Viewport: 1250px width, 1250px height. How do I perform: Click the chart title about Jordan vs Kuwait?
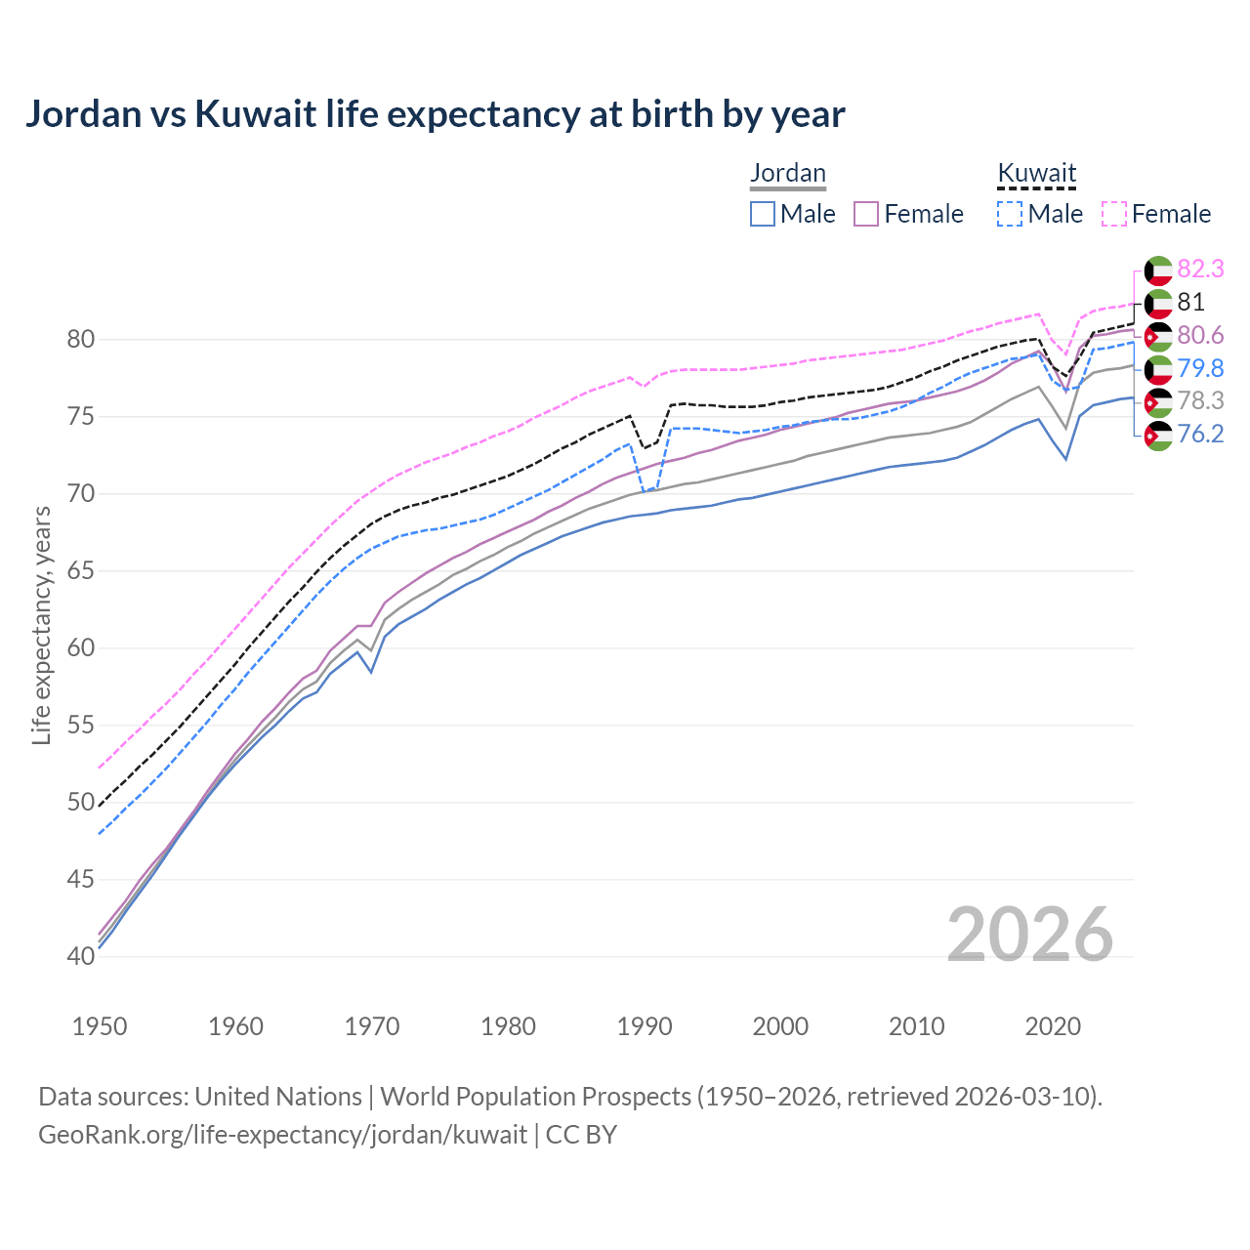click(x=435, y=114)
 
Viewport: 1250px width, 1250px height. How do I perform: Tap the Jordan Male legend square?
click(x=763, y=214)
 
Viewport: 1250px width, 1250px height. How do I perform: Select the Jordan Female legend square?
click(x=867, y=214)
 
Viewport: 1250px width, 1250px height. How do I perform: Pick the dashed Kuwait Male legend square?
click(x=1010, y=214)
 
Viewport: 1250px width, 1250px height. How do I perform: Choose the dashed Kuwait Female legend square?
click(x=1114, y=214)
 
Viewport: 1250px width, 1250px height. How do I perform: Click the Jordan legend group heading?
click(x=788, y=173)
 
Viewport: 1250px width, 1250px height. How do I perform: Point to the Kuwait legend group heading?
click(x=1036, y=173)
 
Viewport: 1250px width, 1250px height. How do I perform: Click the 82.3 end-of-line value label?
click(x=1200, y=270)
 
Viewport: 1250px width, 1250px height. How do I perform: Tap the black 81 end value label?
click(x=1190, y=303)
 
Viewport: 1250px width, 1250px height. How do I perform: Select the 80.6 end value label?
click(x=1200, y=336)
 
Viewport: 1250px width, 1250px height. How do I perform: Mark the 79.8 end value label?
click(x=1200, y=368)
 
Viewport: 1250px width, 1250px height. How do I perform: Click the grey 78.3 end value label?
click(x=1200, y=400)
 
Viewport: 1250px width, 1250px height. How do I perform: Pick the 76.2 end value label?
click(x=1200, y=434)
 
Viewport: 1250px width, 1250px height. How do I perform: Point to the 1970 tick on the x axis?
click(x=372, y=1026)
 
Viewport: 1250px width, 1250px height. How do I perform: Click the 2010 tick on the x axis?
click(x=916, y=1026)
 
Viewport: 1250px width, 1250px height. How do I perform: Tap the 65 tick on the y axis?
click(x=81, y=571)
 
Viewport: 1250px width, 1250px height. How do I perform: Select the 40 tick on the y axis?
click(x=81, y=956)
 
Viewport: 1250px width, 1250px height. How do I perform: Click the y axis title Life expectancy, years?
click(x=42, y=625)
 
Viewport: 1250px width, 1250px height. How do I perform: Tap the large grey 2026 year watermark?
click(x=1029, y=935)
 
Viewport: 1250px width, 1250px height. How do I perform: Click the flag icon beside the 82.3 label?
click(x=1158, y=271)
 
